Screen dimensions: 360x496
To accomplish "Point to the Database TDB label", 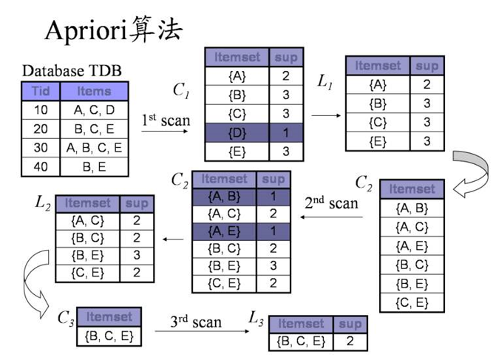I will point(72,71).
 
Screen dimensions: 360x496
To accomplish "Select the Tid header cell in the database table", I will point(40,92).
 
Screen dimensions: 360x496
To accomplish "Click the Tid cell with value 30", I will point(40,148).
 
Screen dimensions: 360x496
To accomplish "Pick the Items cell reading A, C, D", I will point(94,110).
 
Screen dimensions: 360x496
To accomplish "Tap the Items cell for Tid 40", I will point(94,167).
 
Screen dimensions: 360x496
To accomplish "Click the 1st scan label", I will point(166,120).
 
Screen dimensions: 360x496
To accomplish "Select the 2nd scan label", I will point(332,203).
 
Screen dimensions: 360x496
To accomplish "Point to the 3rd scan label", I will point(196,322).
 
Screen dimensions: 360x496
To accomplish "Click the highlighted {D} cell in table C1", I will point(237,133).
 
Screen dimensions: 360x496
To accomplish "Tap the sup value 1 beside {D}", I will point(285,133).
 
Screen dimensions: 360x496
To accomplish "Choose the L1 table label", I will point(325,82).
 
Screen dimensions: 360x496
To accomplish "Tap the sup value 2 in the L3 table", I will point(350,342).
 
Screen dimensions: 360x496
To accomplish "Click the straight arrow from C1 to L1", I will point(325,115).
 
